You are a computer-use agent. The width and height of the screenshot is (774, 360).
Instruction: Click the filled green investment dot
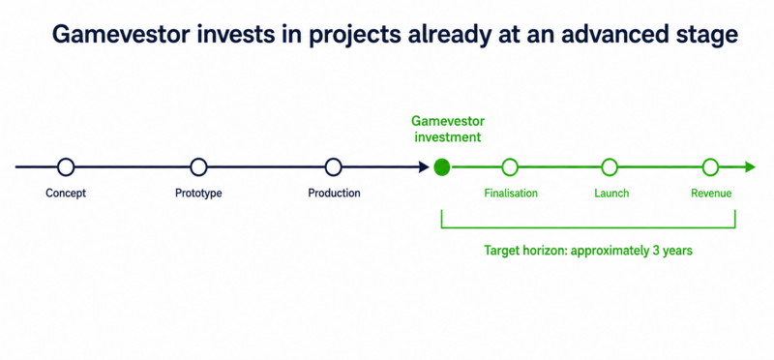(x=442, y=167)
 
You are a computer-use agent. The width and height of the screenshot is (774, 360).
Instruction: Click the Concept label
(x=66, y=194)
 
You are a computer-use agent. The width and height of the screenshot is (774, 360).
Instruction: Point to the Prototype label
(x=198, y=194)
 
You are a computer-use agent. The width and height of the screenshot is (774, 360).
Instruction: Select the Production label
(x=334, y=194)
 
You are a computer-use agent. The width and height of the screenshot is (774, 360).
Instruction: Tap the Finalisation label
(x=511, y=194)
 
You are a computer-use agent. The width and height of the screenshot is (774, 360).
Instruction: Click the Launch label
(x=611, y=194)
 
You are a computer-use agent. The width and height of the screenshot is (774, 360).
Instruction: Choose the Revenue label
(x=711, y=194)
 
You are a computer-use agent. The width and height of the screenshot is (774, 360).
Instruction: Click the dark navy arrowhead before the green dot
(x=424, y=167)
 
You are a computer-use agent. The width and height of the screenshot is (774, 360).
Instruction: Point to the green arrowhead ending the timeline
(x=750, y=167)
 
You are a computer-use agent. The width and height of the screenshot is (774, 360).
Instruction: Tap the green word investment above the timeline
(x=448, y=136)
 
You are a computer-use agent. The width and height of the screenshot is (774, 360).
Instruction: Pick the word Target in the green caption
(x=500, y=251)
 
